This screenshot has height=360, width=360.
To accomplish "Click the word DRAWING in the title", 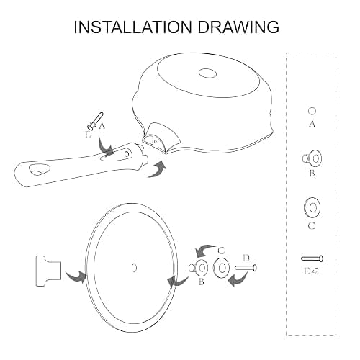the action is click(x=238, y=27).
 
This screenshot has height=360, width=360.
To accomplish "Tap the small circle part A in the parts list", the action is click(x=312, y=112).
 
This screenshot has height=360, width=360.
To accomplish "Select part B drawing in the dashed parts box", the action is click(x=312, y=158).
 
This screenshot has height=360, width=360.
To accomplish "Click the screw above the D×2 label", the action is click(x=312, y=258).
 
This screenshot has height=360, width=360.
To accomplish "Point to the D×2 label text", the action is click(x=311, y=271).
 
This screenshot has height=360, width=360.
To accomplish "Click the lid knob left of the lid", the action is click(x=48, y=271).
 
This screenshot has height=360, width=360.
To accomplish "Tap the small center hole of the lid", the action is click(x=134, y=268).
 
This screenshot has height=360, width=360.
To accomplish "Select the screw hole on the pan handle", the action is click(x=127, y=153).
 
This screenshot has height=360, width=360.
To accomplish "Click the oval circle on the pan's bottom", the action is click(x=208, y=73).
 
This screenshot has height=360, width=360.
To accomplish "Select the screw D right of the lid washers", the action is click(x=246, y=268).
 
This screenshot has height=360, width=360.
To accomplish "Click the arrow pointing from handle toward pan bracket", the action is click(x=157, y=170).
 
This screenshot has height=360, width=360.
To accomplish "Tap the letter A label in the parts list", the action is click(x=312, y=124).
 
